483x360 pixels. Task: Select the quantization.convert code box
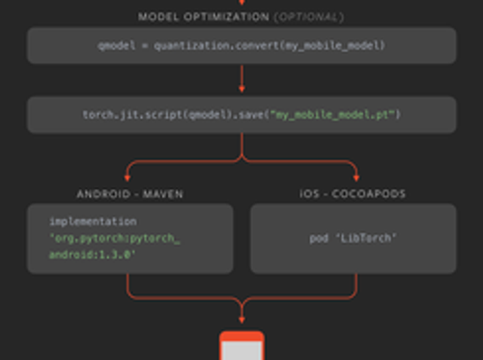tap(241, 45)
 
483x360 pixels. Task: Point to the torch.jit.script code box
tap(241, 115)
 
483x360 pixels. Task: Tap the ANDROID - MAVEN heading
tap(128, 194)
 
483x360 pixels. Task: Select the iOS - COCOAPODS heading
tap(352, 194)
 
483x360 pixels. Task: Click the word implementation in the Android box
tap(86, 221)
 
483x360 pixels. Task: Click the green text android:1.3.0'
tap(93, 254)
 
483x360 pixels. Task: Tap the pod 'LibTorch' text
tap(352, 238)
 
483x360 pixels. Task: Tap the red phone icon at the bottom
tap(241, 346)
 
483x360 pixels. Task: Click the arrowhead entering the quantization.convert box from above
tap(241, 5)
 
